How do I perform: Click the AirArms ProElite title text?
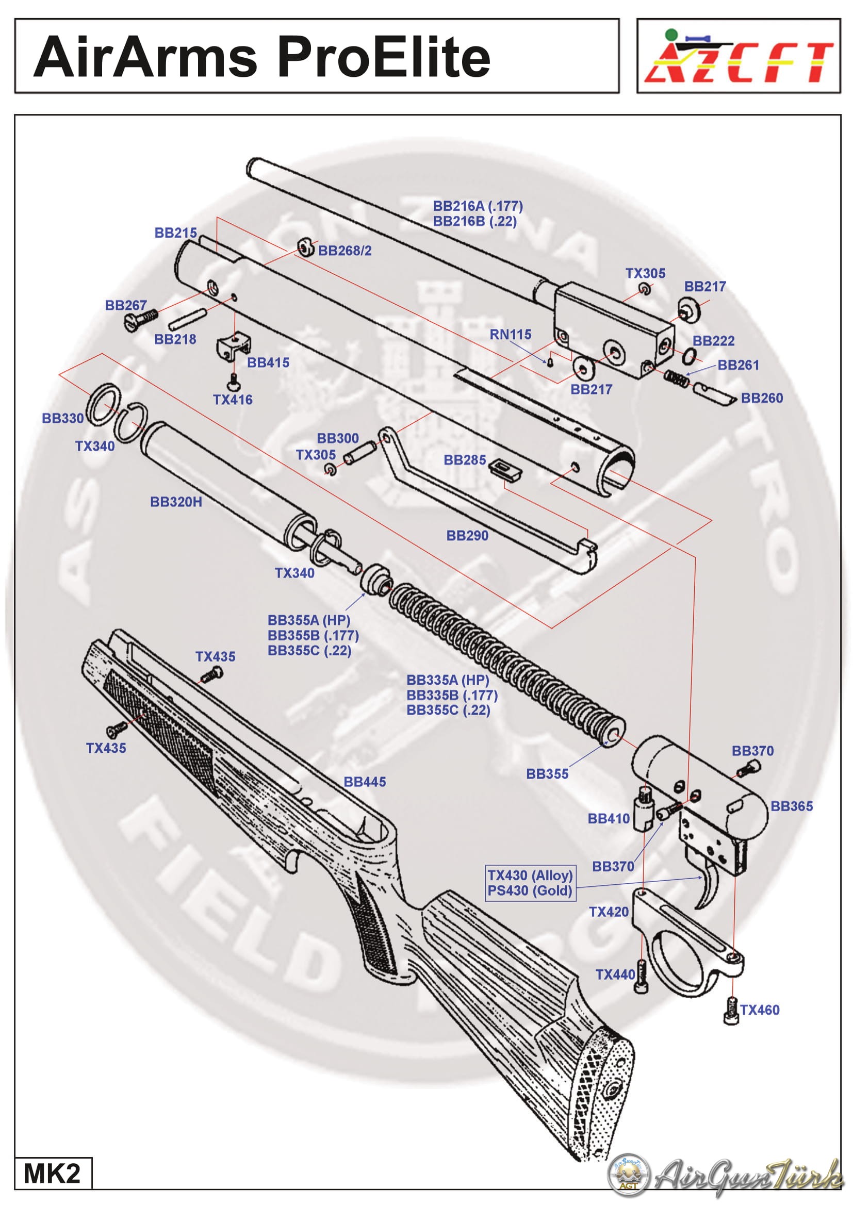[x=261, y=57]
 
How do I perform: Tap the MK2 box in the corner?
[x=52, y=1173]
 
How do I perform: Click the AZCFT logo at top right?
[x=738, y=57]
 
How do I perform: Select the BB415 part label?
[x=268, y=362]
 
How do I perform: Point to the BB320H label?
[x=176, y=502]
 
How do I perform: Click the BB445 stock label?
[x=365, y=782]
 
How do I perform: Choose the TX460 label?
[x=760, y=1010]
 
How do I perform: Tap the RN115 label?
[x=510, y=334]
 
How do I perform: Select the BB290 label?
[x=467, y=535]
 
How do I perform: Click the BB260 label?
[x=762, y=398]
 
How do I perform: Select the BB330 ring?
[x=102, y=404]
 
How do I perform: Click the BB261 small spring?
[x=677, y=378]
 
